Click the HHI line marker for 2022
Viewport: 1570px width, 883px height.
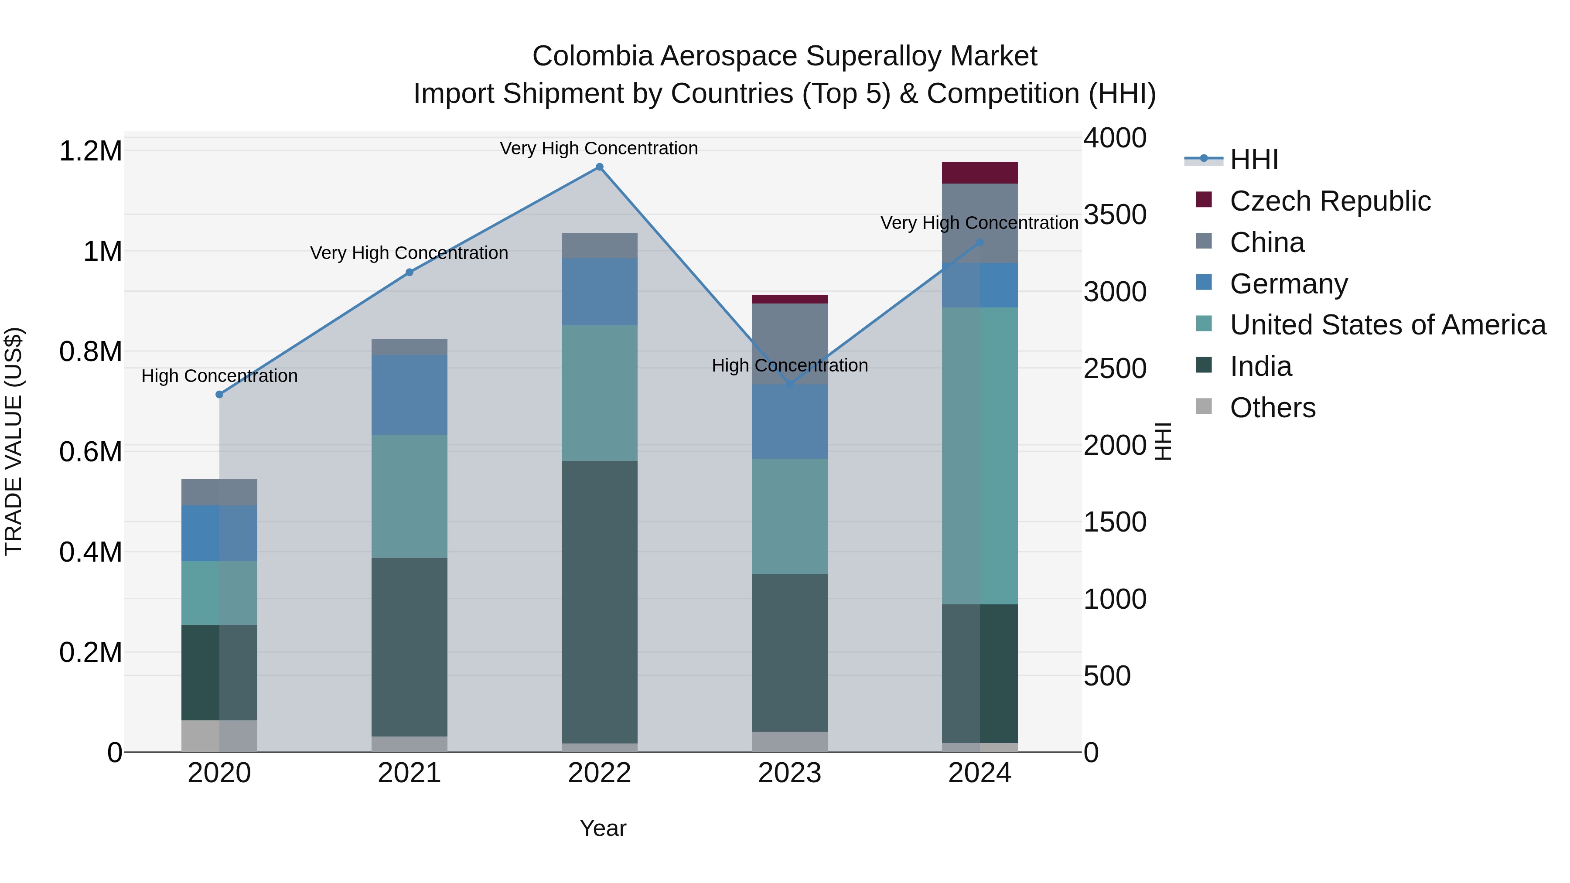(x=599, y=167)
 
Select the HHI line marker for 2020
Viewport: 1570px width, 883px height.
(x=219, y=394)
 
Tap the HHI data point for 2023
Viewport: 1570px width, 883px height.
(x=790, y=384)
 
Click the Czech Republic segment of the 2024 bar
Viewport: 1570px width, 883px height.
(x=980, y=172)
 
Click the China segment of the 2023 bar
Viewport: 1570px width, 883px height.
(x=789, y=343)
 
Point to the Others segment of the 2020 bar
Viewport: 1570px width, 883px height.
(x=219, y=736)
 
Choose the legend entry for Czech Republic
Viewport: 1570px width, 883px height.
(x=1329, y=201)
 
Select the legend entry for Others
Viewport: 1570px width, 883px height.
(x=1272, y=407)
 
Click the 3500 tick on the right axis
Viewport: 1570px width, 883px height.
(x=1115, y=215)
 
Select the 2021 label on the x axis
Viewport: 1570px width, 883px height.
(x=409, y=773)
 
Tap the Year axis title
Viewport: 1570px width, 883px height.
(x=603, y=828)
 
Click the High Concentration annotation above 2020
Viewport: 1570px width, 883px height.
(x=219, y=375)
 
